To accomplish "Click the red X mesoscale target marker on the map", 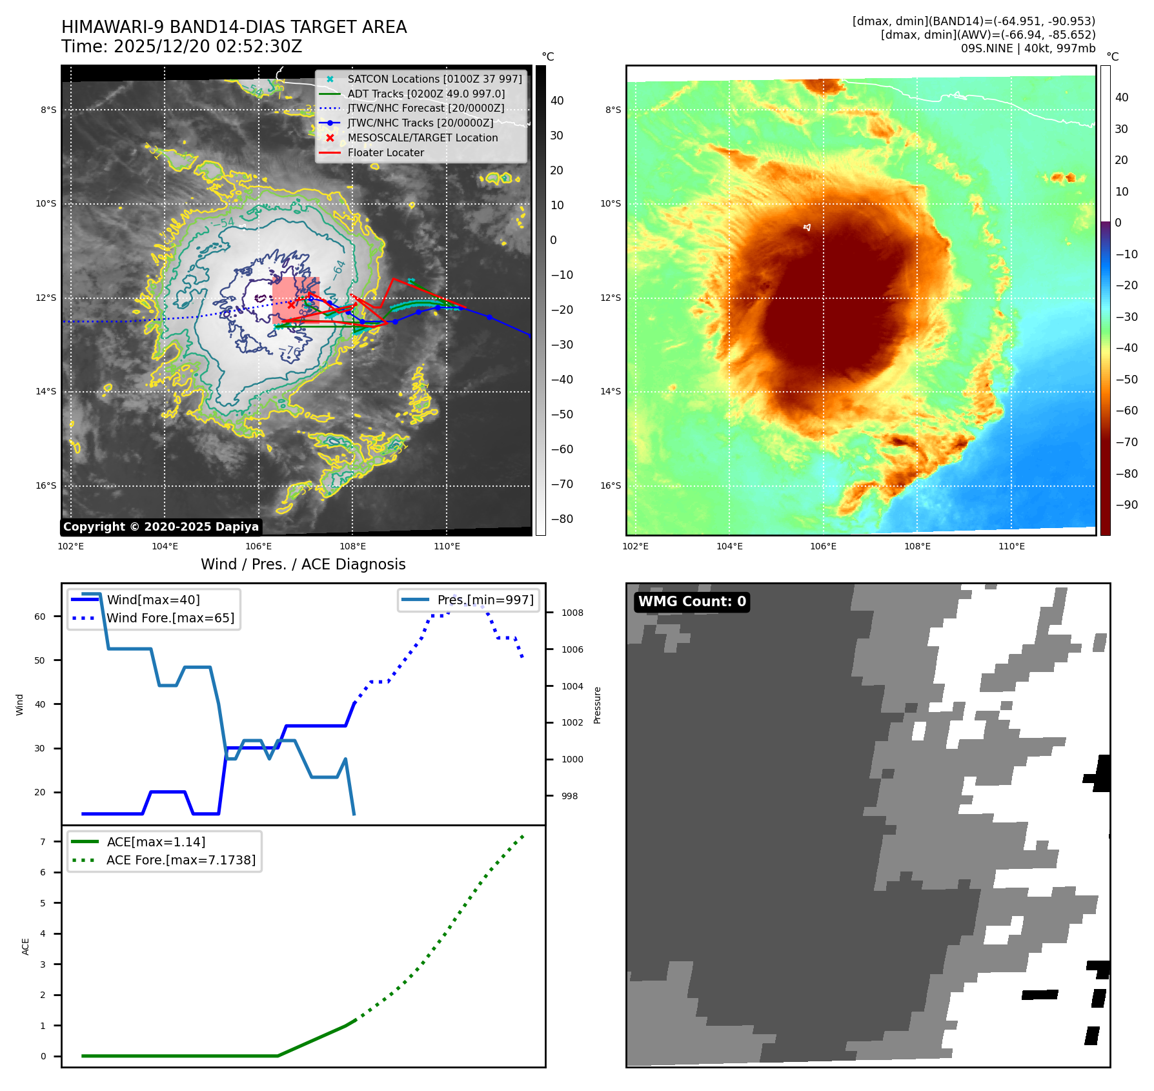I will [291, 305].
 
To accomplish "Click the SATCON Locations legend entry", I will [434, 79].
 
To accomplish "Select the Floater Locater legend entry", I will [385, 153].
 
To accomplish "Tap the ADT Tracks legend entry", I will [426, 94].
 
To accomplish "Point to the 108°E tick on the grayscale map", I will [352, 546].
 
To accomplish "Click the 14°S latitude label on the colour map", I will [611, 391].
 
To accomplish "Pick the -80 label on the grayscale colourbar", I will [562, 519].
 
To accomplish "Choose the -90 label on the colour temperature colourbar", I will [1126, 505].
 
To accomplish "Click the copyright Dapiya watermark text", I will [161, 527].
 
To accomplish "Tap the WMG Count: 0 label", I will [692, 602].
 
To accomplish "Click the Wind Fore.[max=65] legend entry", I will [170, 618].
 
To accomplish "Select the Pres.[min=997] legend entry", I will [485, 600].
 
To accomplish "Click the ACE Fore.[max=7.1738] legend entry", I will [181, 861].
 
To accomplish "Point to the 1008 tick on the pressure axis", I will [572, 613].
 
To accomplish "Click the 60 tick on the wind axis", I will [40, 617].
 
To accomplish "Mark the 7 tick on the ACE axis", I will [43, 842].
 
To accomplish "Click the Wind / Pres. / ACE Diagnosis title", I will [303, 565].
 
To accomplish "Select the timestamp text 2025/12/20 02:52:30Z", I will [208, 47].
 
